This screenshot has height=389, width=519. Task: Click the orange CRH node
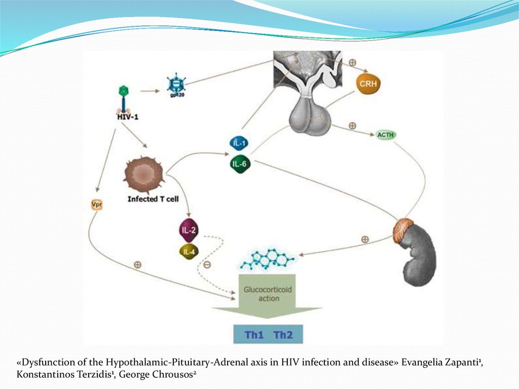(x=368, y=84)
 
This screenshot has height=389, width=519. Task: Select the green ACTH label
(x=386, y=135)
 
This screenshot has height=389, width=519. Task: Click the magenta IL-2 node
(x=189, y=230)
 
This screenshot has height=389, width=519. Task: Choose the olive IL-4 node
(x=189, y=251)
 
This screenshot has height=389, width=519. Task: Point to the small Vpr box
(x=96, y=205)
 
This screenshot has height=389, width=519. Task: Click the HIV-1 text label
(x=127, y=117)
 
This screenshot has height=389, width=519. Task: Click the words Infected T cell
(x=153, y=199)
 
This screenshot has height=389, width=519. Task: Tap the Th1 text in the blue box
(x=252, y=335)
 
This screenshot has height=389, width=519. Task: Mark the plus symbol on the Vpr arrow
(x=137, y=265)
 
